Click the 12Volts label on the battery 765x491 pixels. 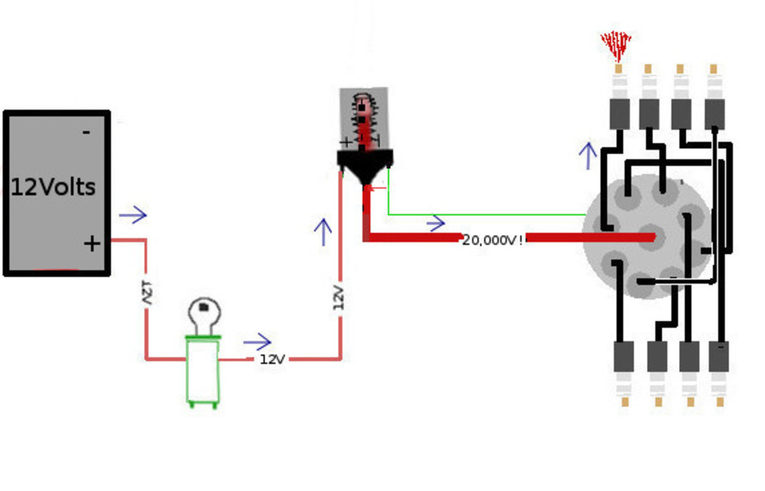coord(54,187)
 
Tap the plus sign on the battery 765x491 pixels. coord(92,243)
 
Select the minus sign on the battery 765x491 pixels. coord(86,132)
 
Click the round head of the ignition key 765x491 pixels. coord(203,312)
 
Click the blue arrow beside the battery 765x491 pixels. coord(133,216)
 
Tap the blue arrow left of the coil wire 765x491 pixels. coord(324,232)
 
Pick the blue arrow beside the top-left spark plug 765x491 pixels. coord(588,156)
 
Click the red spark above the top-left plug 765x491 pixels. coord(616,46)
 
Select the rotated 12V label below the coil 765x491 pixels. coord(339,298)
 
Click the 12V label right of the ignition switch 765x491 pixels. coord(272,360)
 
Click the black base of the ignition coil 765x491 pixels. coord(365,163)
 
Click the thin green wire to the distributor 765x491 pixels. coord(484,215)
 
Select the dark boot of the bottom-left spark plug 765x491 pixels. coord(623,356)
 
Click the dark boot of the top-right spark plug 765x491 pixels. coord(715,114)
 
